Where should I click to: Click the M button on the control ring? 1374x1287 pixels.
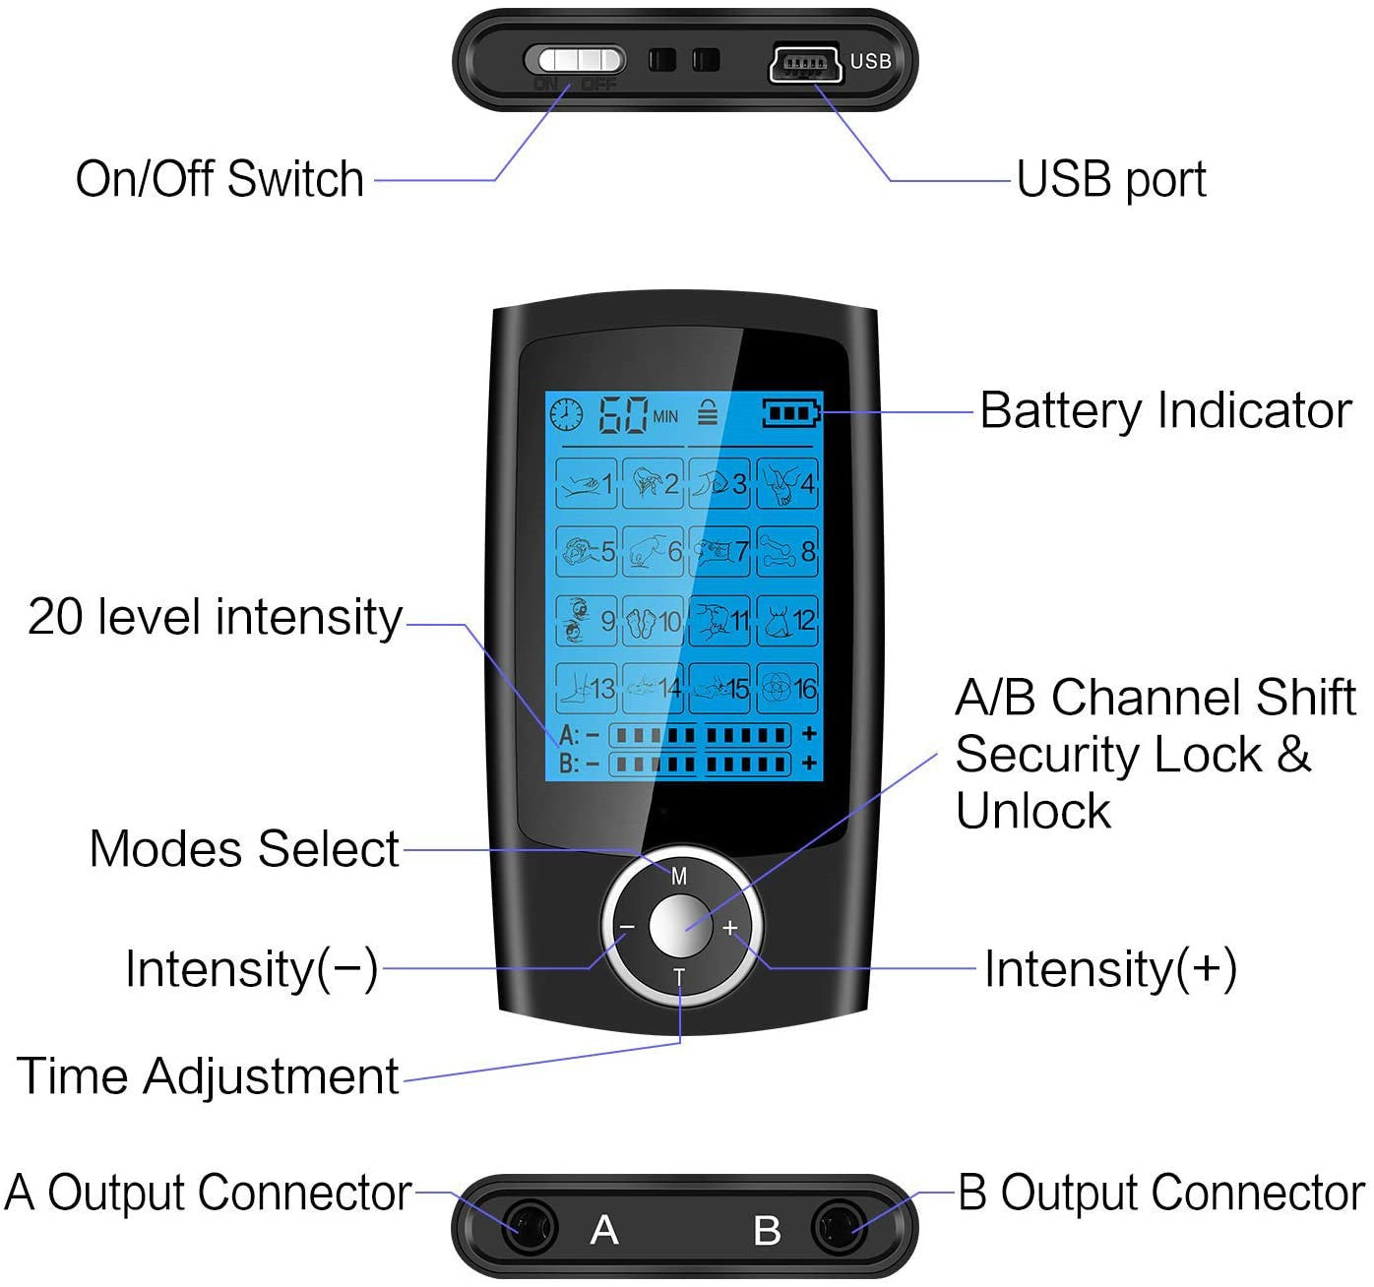679,876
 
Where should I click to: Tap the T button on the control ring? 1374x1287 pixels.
679,976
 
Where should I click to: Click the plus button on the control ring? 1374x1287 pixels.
730,927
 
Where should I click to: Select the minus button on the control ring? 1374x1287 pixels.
627,927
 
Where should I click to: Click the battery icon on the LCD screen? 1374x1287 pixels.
791,413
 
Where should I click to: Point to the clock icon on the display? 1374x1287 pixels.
566,414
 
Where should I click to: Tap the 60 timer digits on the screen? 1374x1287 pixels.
624,415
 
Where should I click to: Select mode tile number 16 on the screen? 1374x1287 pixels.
788,688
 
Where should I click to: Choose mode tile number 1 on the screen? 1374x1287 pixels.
588,483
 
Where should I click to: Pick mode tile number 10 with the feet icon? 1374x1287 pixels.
654,621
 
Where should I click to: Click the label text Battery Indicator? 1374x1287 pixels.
1165,410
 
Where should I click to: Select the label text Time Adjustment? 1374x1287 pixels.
208,1075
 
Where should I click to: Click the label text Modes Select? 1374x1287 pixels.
244,849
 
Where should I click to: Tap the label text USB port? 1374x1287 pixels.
1110,179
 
